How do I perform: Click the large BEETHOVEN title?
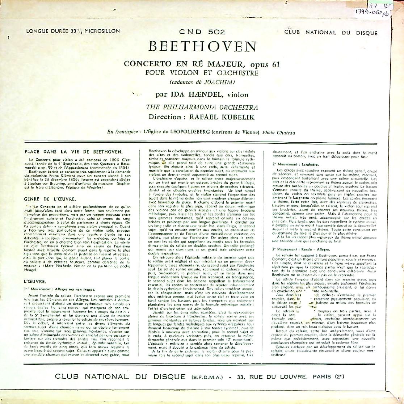click(202, 47)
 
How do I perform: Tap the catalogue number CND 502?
click(202, 31)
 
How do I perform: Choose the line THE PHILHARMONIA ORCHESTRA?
click(202, 108)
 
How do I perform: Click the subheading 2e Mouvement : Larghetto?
click(295, 164)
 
